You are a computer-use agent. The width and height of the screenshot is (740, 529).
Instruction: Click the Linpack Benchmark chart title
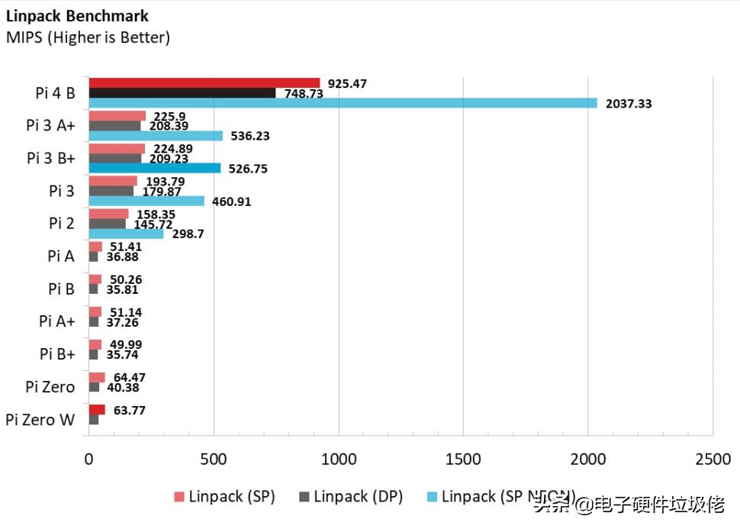pos(77,15)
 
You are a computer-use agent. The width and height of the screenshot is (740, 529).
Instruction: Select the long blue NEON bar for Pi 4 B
pos(343,103)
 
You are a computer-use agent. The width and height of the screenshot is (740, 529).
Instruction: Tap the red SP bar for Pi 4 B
pos(204,82)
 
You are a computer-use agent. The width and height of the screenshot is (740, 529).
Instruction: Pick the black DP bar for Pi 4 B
pos(182,92)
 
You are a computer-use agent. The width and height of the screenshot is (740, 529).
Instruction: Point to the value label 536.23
pos(249,136)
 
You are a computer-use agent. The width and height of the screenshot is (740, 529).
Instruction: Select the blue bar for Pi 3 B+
pos(154,168)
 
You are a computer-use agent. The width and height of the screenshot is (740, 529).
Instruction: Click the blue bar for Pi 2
pos(126,234)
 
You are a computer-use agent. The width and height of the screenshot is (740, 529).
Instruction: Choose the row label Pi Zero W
pos(40,419)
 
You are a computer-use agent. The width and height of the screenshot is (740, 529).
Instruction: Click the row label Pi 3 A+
pos(50,126)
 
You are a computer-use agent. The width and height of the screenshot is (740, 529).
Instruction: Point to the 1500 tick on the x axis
pos(464,459)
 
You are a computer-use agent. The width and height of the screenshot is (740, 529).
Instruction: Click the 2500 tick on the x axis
pos(713,459)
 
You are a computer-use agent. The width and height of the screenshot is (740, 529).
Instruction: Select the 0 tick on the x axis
pos(88,459)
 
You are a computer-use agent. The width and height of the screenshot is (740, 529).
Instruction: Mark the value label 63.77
pos(129,411)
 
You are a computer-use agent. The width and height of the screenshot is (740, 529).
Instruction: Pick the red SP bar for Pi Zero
pos(97,377)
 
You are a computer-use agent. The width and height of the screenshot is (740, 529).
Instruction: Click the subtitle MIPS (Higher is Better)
pos(88,37)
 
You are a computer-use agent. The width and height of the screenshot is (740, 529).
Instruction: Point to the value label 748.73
pos(305,93)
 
